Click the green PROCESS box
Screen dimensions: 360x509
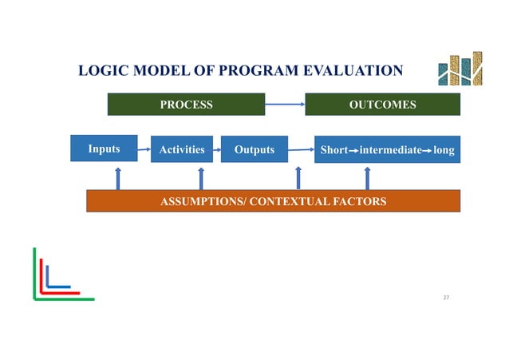[x=186, y=105]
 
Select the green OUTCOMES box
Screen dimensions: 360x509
[x=382, y=105]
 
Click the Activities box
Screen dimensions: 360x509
[x=181, y=149]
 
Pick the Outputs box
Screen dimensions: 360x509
[x=253, y=149]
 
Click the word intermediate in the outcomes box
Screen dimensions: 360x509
[x=389, y=150]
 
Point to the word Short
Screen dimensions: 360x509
[x=333, y=150]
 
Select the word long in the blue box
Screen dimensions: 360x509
[x=444, y=150]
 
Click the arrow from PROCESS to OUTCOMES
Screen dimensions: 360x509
[x=285, y=104]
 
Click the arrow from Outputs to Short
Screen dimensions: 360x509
[x=300, y=149]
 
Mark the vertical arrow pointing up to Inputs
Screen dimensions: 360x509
[x=118, y=178]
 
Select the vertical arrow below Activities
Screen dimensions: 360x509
[x=200, y=178]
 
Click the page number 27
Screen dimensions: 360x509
[x=446, y=297]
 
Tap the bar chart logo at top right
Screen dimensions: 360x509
[x=460, y=69]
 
